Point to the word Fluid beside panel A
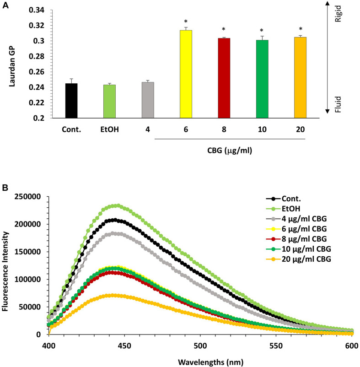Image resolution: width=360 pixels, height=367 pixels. [349, 101]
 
